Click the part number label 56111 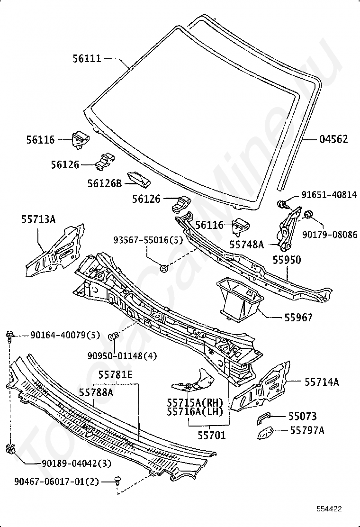pos(87,58)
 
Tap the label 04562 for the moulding pos(333,139)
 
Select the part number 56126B pos(104,183)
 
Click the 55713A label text pos(39,219)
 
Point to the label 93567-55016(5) pos(148,240)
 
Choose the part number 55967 pos(298,317)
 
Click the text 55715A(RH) pos(195,402)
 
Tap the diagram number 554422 pos(329,509)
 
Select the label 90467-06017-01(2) pos(56,482)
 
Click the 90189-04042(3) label pos(76,463)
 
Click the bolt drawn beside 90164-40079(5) pos(9,336)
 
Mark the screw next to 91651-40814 pos(281,204)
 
